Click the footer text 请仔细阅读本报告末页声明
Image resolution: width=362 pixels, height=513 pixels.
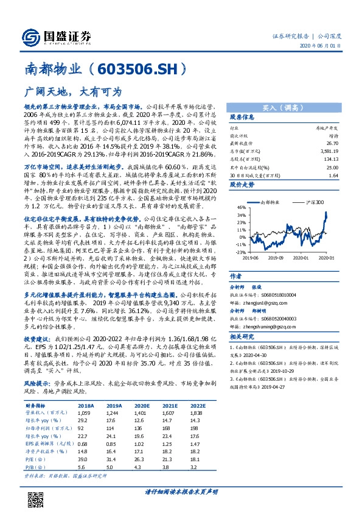(x=181, y=492)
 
